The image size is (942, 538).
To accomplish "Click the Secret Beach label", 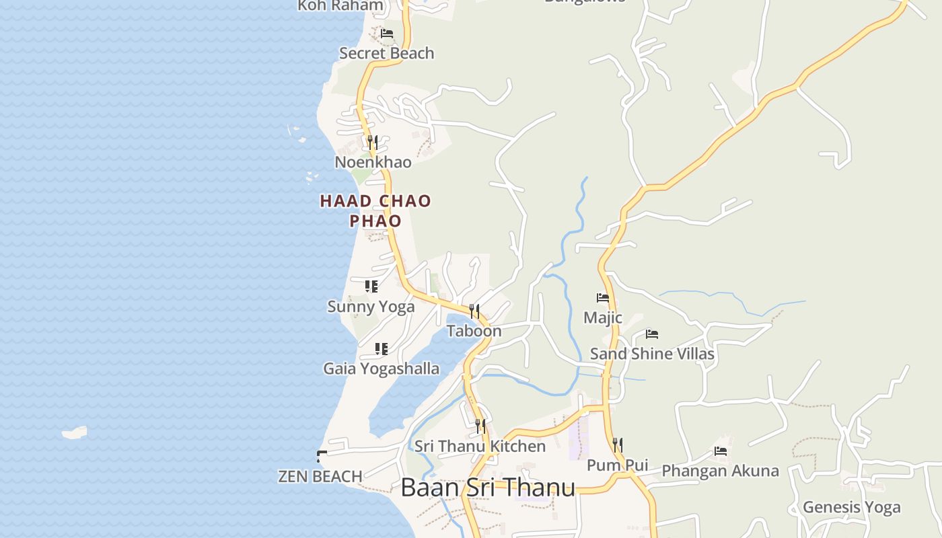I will [386, 53].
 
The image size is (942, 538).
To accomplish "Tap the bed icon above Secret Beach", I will [386, 33].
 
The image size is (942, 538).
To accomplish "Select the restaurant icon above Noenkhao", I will [372, 143].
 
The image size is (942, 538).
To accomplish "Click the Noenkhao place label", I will [373, 162].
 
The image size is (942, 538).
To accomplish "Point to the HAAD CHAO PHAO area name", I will [375, 210].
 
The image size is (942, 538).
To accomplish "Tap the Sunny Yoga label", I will [371, 307].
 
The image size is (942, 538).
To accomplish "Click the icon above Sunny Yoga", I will [371, 286].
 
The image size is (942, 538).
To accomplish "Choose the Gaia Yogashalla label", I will [381, 369].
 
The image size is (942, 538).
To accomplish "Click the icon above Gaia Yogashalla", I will [382, 349].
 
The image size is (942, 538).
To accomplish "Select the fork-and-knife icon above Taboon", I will [475, 311].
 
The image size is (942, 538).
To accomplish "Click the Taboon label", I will [474, 331].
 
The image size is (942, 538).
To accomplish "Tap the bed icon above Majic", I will [603, 297].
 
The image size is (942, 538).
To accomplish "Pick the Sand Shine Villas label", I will [652, 354].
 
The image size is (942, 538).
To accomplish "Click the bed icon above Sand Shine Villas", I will [651, 334].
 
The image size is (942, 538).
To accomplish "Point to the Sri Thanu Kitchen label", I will [480, 446].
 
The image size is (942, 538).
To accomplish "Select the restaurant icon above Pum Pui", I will [618, 445].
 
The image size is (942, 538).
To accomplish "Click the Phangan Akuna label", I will [720, 471].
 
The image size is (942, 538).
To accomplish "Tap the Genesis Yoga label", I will [851, 507].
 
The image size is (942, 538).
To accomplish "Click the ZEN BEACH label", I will [320, 476].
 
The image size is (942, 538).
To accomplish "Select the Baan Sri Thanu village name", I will [488, 488].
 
